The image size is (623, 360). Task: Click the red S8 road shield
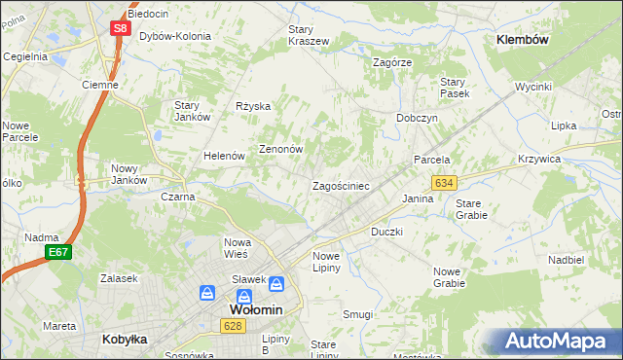[x=120, y=28]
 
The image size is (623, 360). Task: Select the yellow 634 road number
[x=445, y=183]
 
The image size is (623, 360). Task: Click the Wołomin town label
[x=255, y=309]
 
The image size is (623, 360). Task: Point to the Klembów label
[x=523, y=40]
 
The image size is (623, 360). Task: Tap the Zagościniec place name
[x=340, y=186]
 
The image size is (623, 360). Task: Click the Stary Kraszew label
[x=308, y=35]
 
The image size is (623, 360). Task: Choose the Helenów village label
[x=222, y=156]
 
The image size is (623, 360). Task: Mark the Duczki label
[x=386, y=233]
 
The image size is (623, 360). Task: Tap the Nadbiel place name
[x=566, y=261]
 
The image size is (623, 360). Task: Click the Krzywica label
[x=567, y=159]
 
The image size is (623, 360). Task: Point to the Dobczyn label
[x=417, y=117]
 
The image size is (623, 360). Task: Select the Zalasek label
[x=118, y=278]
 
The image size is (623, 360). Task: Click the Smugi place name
[x=357, y=314]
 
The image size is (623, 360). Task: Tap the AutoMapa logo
[x=561, y=342]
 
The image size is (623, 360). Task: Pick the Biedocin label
[x=148, y=15]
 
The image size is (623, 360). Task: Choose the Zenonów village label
[x=281, y=150]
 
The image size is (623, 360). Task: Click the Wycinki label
[x=533, y=87]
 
